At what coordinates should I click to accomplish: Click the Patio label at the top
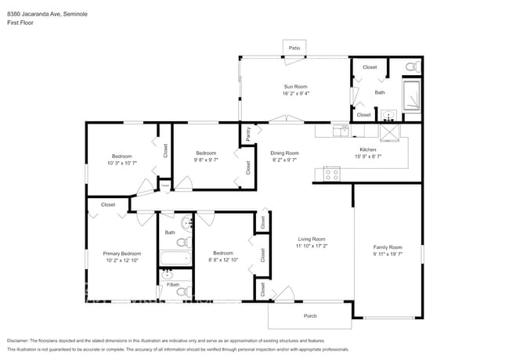point(294,49)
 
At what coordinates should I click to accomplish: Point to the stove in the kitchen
point(332,175)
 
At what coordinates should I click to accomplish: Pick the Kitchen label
point(368,149)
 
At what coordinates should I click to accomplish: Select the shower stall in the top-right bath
point(411,95)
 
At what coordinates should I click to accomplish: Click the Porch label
point(310,316)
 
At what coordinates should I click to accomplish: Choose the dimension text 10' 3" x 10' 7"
point(122,163)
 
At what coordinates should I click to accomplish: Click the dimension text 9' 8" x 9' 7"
point(206,160)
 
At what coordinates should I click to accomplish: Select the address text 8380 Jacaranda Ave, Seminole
point(46,13)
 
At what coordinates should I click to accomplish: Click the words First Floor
point(20,23)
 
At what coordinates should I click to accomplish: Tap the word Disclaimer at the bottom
point(20,340)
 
